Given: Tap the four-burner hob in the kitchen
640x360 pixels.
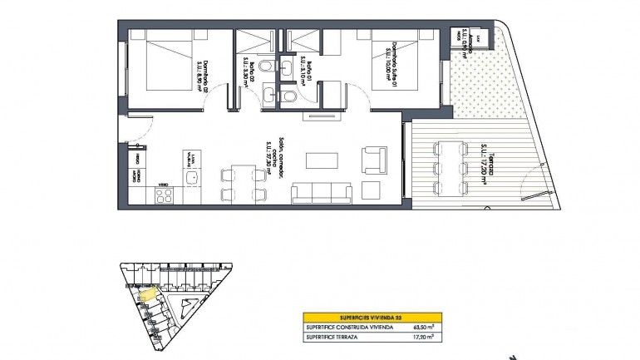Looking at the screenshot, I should point(164,197).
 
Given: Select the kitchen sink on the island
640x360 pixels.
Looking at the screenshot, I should point(192,177).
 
